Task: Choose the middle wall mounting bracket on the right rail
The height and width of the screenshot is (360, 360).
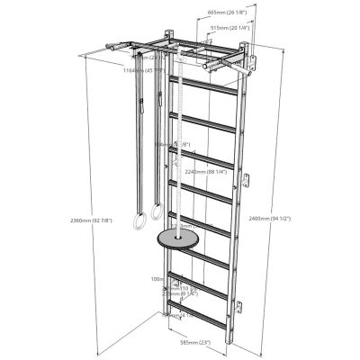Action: coord(241,185)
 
